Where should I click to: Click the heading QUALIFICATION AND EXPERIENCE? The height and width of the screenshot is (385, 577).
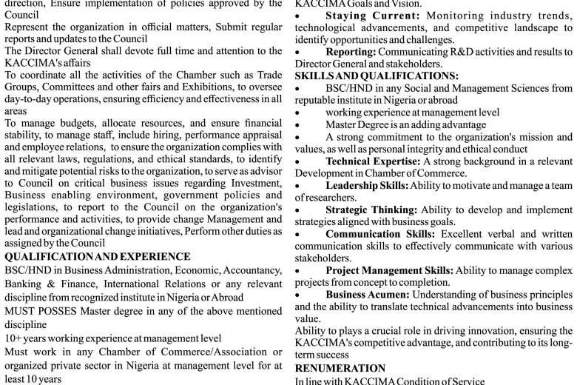pos(97,256)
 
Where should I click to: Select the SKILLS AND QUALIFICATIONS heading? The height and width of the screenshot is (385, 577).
pos(376,76)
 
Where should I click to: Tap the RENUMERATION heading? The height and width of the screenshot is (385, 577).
pos(340,368)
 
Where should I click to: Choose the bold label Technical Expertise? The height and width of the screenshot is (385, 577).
pos(372,160)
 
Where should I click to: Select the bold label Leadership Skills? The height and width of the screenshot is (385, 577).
pos(367,184)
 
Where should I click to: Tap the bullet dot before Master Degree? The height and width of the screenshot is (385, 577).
pos(297,124)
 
